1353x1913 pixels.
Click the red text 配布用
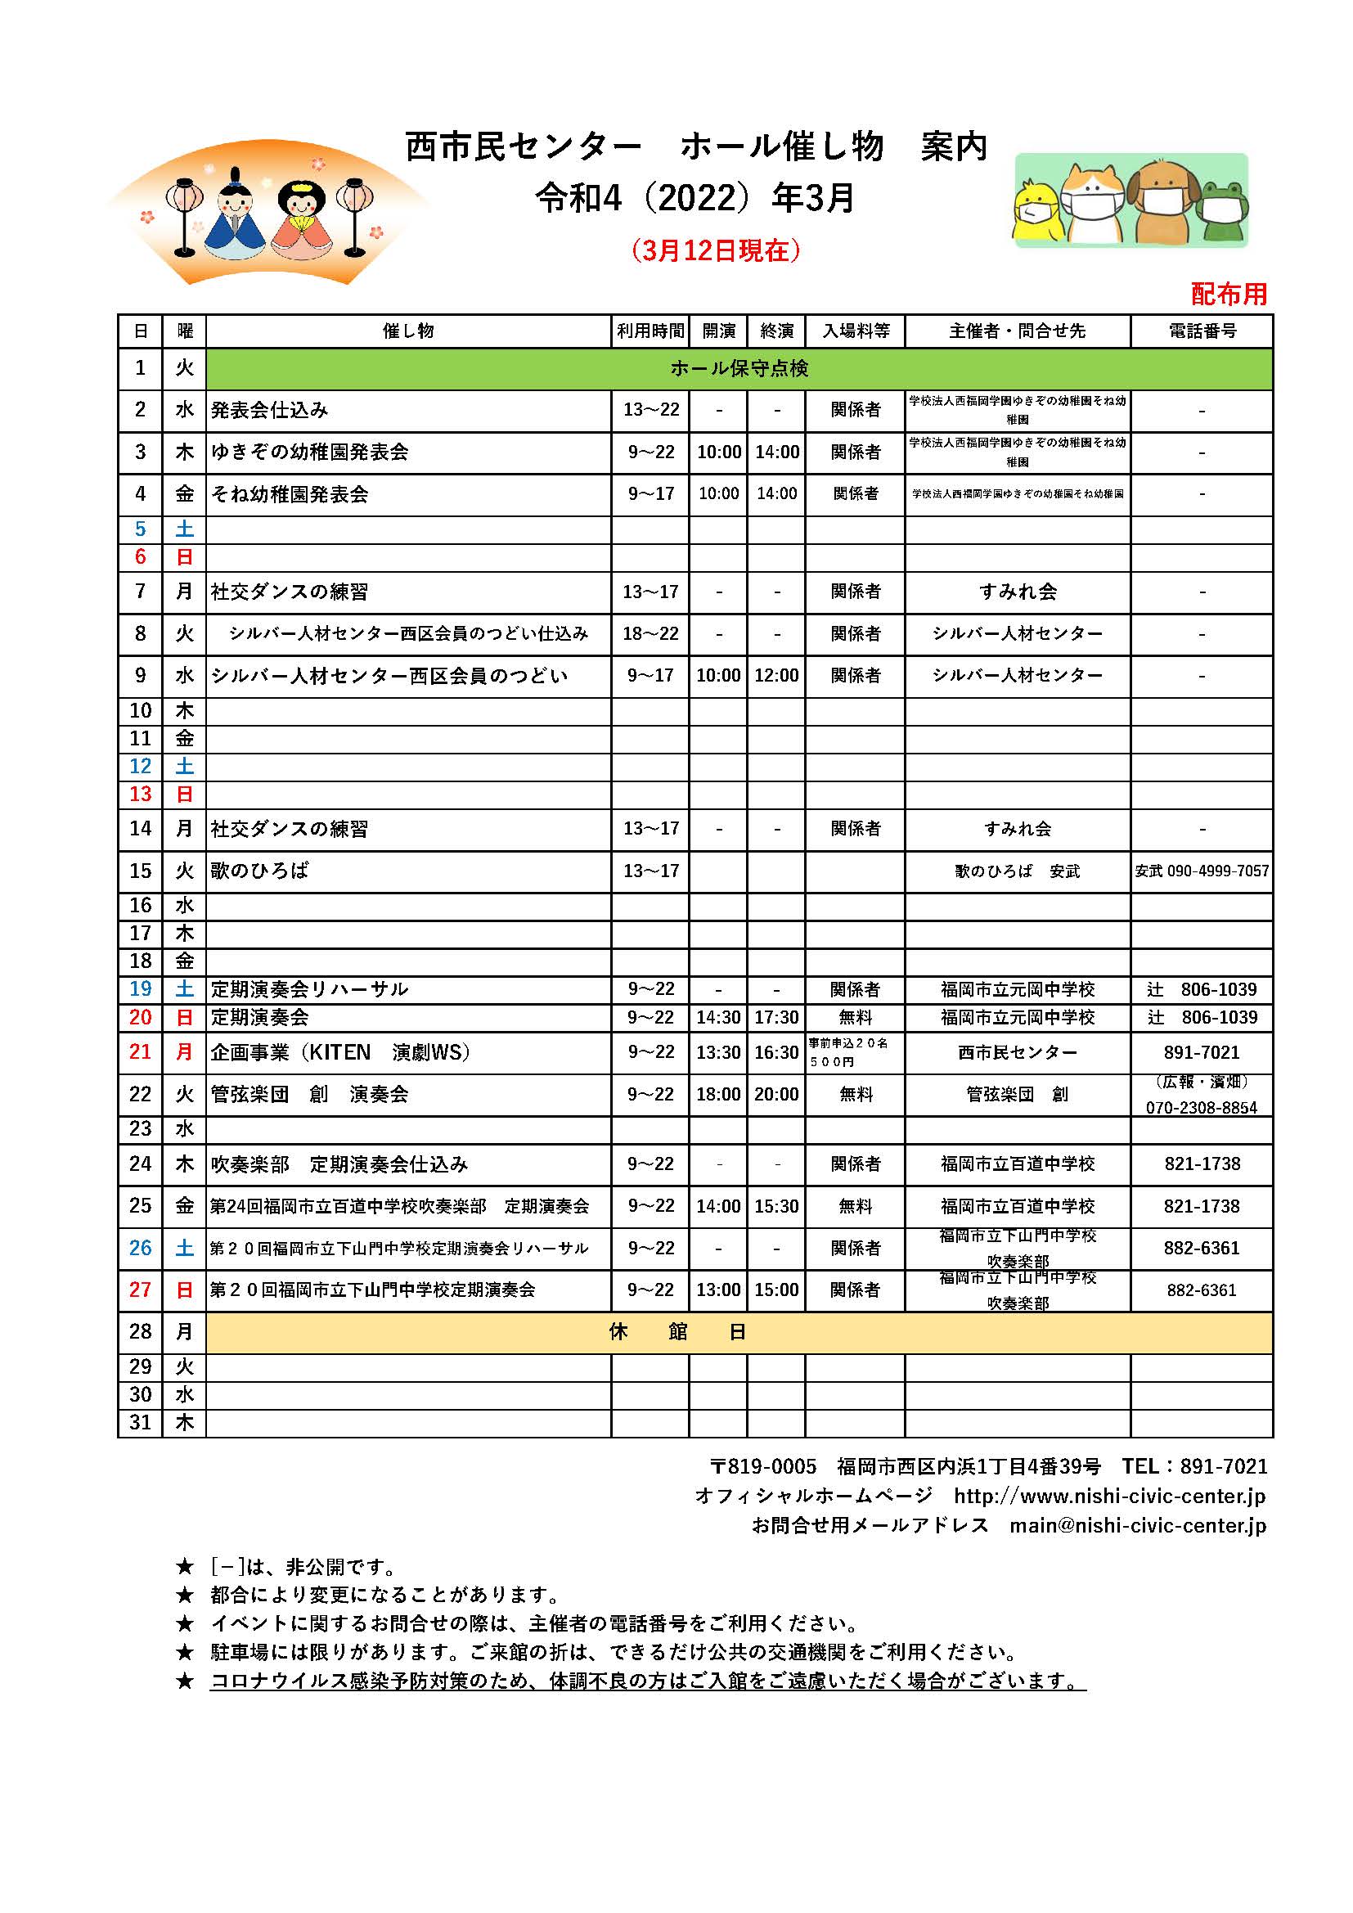(x=1228, y=293)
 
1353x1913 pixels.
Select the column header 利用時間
(x=650, y=331)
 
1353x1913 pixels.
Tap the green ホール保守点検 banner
(x=738, y=368)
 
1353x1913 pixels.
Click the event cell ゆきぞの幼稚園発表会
(x=309, y=452)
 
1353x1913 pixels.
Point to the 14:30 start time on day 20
(x=717, y=1017)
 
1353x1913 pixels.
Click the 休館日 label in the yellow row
(x=676, y=1331)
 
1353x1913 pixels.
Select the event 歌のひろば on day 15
(x=259, y=871)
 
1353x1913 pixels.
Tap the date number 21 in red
(x=140, y=1051)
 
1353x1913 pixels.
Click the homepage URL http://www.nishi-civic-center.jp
(x=1109, y=1496)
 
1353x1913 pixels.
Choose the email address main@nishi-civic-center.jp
(x=1137, y=1524)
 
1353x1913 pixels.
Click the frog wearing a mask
(x=1221, y=212)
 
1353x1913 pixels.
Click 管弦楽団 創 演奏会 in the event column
(x=309, y=1094)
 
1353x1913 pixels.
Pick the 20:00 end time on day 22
(x=775, y=1094)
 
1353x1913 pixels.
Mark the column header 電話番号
(x=1202, y=331)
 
